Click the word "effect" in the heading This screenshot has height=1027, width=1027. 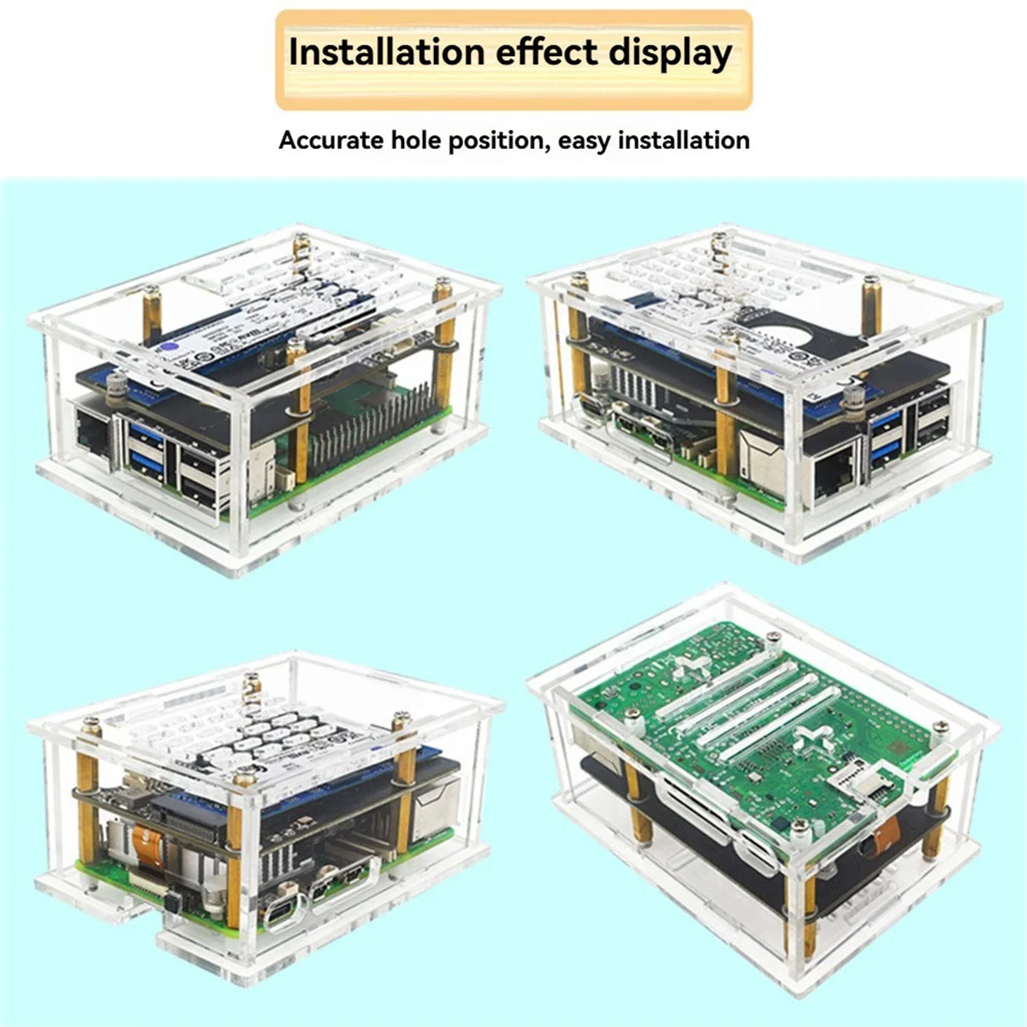click(548, 53)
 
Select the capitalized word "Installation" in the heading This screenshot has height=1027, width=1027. click(387, 53)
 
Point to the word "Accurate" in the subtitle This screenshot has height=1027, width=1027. click(331, 140)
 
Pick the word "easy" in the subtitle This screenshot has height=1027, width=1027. click(584, 140)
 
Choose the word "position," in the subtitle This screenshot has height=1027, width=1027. click(499, 140)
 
